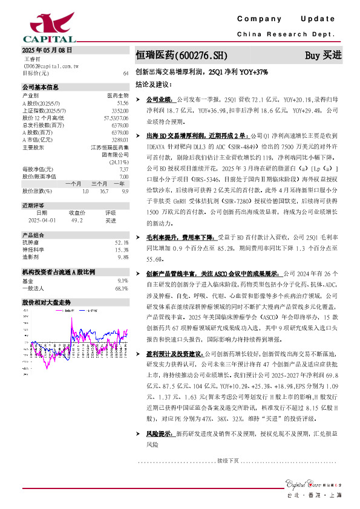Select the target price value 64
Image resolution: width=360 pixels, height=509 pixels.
point(125,73)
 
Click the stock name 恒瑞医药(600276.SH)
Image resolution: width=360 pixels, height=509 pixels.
point(181,55)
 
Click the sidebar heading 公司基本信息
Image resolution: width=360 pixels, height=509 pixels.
point(40,87)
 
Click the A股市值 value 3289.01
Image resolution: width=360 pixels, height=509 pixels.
point(120,140)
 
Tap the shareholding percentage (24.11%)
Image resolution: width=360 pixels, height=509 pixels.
point(119,161)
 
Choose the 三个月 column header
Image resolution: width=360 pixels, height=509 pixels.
point(99,183)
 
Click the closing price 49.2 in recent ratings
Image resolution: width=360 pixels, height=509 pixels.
point(76,221)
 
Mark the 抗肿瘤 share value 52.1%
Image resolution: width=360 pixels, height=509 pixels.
point(122,242)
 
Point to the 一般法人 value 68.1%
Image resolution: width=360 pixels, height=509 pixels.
point(122,288)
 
